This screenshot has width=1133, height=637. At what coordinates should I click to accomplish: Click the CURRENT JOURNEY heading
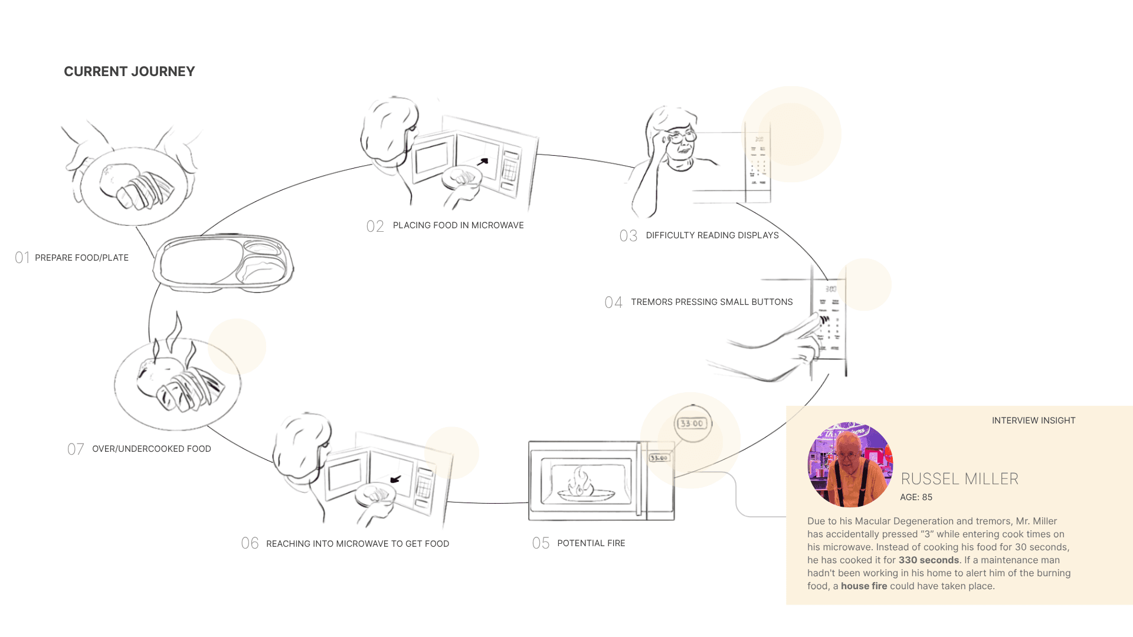pyautogui.click(x=129, y=72)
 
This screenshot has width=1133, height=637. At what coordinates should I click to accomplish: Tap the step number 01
pyautogui.click(x=22, y=258)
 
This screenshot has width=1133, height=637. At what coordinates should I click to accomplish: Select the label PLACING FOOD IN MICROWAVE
pyautogui.click(x=458, y=225)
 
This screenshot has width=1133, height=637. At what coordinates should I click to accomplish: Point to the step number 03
pyautogui.click(x=628, y=236)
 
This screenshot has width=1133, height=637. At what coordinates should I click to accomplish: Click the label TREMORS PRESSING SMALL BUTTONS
pyautogui.click(x=712, y=302)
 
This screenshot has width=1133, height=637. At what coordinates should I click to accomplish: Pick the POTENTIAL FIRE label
pyautogui.click(x=591, y=543)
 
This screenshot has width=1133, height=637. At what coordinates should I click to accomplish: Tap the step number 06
pyautogui.click(x=250, y=543)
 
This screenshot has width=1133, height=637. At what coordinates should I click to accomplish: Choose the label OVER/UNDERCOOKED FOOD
pyautogui.click(x=152, y=449)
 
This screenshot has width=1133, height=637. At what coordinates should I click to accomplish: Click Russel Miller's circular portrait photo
pyautogui.click(x=850, y=465)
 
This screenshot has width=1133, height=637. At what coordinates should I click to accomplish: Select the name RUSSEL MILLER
pyautogui.click(x=960, y=479)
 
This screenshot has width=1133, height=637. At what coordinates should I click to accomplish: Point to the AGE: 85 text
pyautogui.click(x=916, y=497)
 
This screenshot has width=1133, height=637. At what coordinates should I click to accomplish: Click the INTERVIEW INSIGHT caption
pyautogui.click(x=1033, y=421)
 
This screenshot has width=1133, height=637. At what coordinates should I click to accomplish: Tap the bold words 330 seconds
pyautogui.click(x=928, y=560)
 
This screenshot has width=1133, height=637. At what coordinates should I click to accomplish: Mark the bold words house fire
pyautogui.click(x=863, y=586)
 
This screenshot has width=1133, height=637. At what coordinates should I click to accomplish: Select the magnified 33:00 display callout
pyautogui.click(x=692, y=423)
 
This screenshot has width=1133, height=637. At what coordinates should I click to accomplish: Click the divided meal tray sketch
pyautogui.click(x=224, y=262)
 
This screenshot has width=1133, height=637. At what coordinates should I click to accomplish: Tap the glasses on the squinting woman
pyautogui.click(x=682, y=137)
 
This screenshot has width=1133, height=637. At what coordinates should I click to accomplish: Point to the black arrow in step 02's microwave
pyautogui.click(x=483, y=161)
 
